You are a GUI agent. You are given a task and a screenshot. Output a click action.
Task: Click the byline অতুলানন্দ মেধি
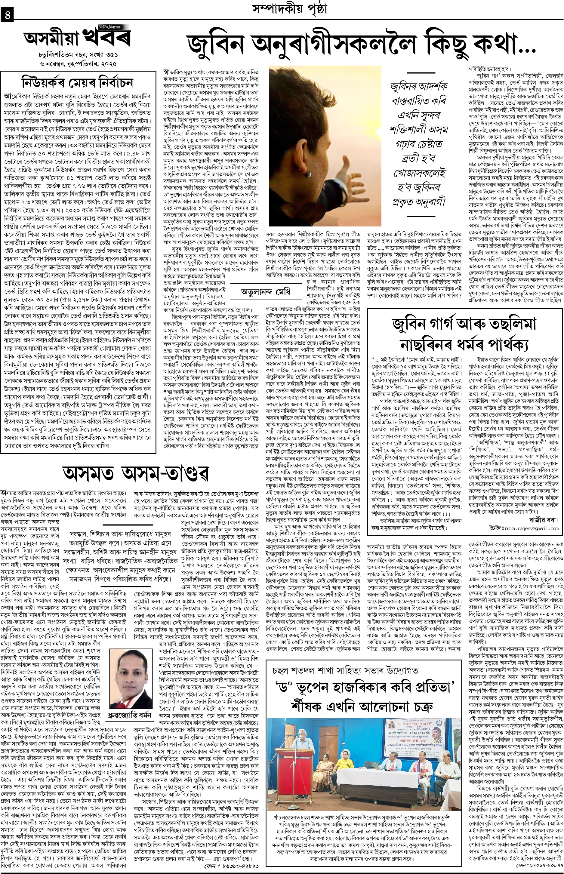[266, 303]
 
